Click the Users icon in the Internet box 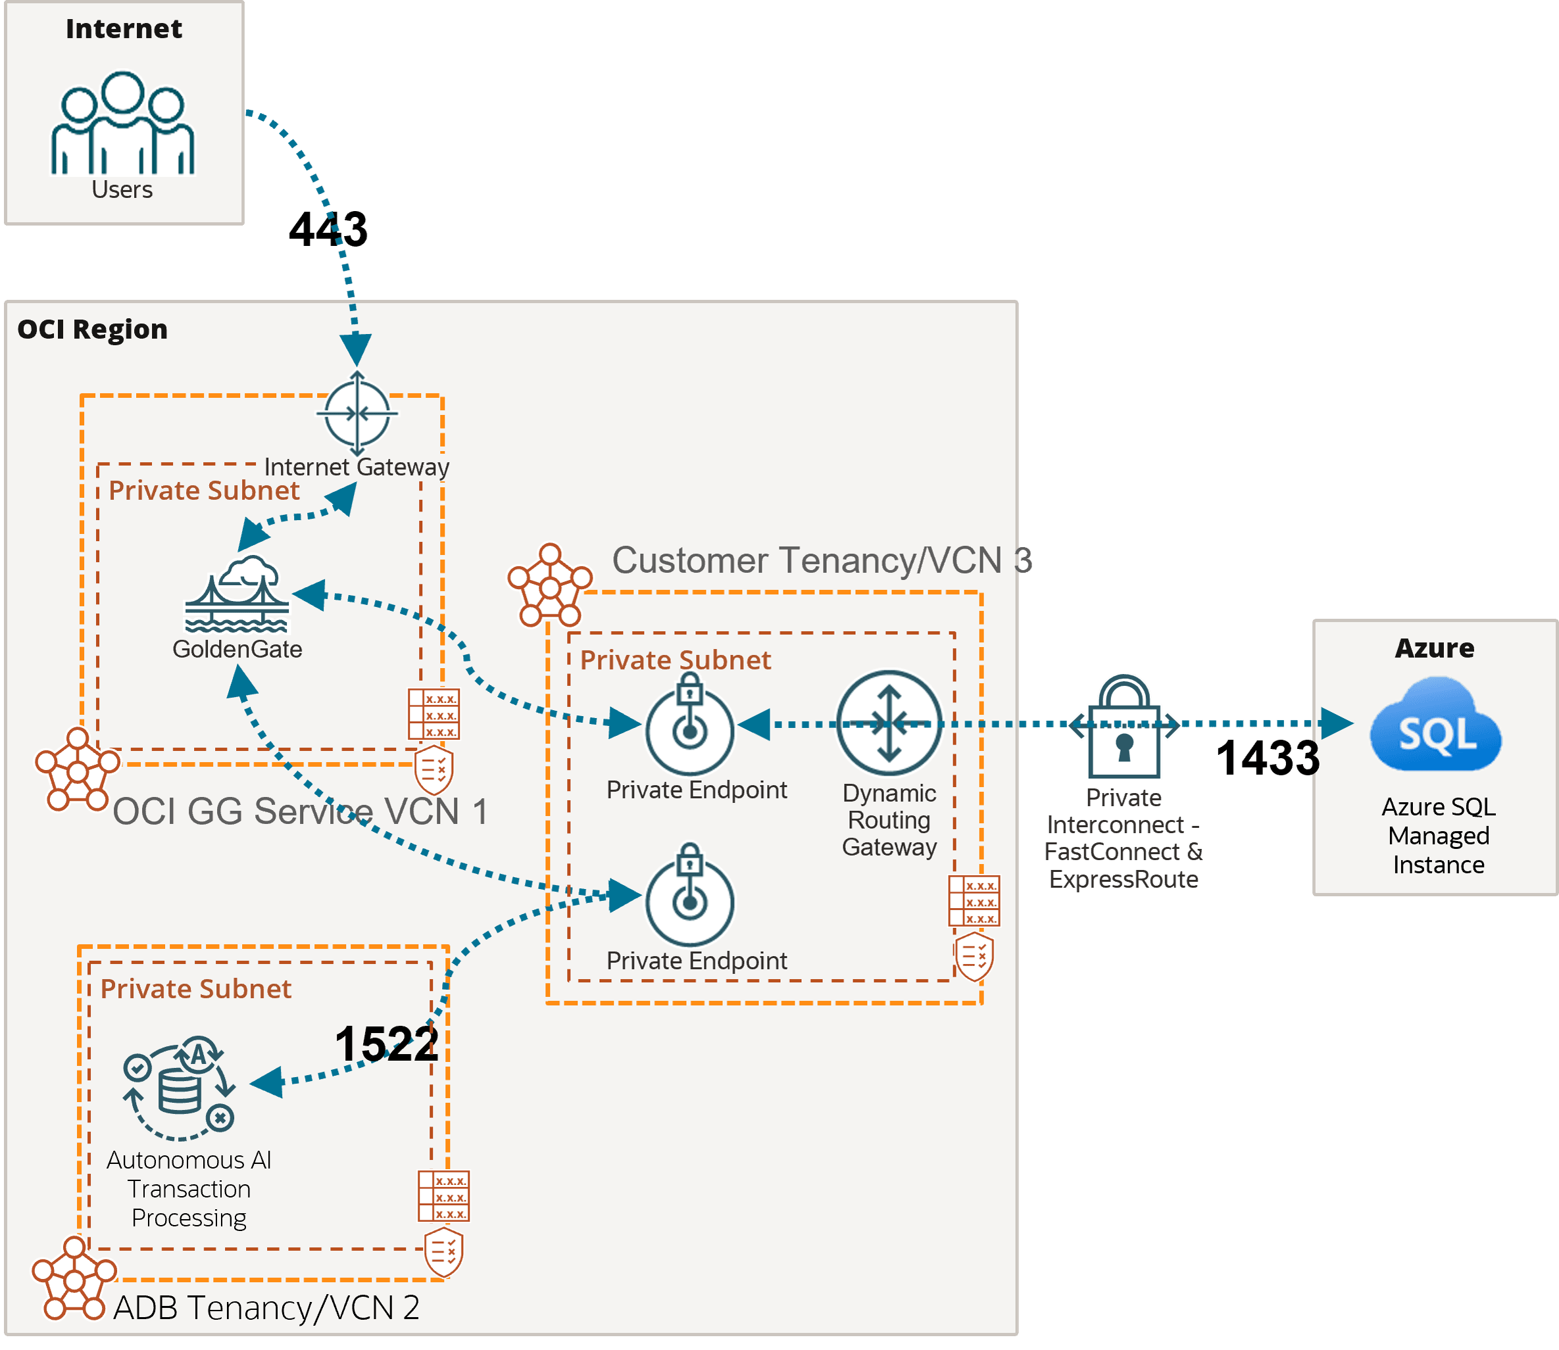tap(123, 124)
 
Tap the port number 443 tap(328, 229)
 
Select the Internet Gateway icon tap(357, 414)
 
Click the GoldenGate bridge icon tap(237, 595)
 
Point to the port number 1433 tap(1268, 758)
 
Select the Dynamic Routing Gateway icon tap(889, 723)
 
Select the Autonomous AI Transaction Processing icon tap(180, 1088)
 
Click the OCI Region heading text tap(93, 329)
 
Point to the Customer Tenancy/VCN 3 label tap(822, 560)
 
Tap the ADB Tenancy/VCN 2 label tap(266, 1308)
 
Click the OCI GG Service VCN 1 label tap(300, 811)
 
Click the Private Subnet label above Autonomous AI tap(196, 988)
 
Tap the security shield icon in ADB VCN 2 tap(444, 1252)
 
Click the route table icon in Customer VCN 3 tap(974, 901)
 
